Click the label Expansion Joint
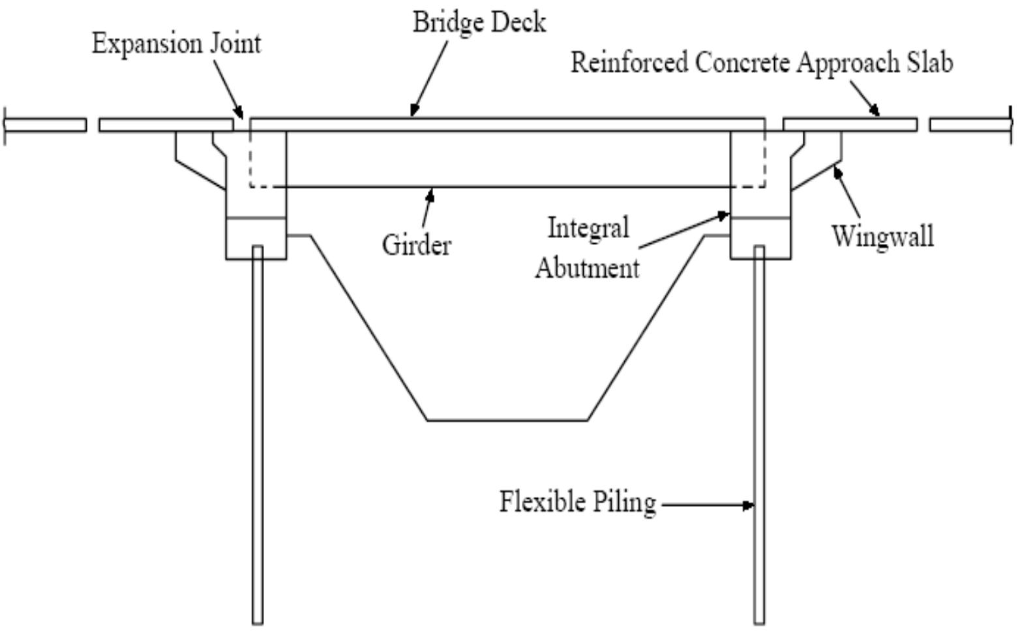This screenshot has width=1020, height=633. tap(176, 44)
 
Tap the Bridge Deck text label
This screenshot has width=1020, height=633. tap(479, 23)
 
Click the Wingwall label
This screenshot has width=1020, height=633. tap(882, 236)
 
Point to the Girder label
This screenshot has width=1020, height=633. tap(416, 246)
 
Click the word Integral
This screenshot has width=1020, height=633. tap(588, 229)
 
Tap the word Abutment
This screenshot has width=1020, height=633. tap(587, 268)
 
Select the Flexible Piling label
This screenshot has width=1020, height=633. tap(577, 503)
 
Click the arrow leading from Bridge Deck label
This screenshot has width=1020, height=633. tap(430, 78)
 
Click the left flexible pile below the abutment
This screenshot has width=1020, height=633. tap(258, 437)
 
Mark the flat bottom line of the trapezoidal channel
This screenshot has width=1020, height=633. tap(507, 420)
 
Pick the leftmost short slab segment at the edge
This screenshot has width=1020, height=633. tap(46, 125)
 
